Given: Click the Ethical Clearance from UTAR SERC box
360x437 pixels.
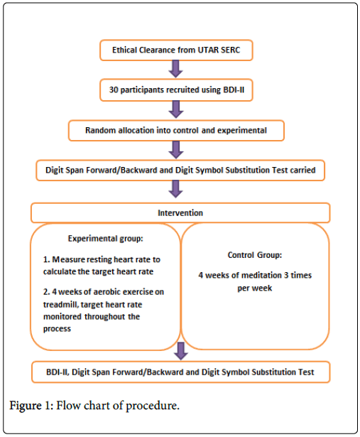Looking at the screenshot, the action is point(176,50).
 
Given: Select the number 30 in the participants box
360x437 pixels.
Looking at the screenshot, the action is point(114,90).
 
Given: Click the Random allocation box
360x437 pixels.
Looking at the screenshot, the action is point(176,131).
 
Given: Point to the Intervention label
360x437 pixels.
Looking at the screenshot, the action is point(180,213).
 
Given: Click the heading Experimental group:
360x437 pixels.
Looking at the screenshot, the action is point(106,239).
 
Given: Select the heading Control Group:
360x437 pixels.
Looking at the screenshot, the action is point(255,255).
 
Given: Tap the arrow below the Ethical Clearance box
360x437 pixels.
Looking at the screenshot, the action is point(176,69).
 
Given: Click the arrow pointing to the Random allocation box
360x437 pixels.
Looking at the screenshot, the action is point(176,109).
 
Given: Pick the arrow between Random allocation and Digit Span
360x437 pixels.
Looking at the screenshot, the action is point(176,150).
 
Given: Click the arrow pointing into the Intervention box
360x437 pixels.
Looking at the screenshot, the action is point(176,189).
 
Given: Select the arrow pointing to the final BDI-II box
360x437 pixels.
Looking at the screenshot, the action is point(180,351).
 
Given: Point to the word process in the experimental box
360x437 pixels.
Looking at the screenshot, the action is point(57,329).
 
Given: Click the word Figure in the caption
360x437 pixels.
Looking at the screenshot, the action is point(26,406).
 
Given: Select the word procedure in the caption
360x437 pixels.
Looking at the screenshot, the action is point(153,406).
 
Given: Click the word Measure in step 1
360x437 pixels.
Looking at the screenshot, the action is point(68,259).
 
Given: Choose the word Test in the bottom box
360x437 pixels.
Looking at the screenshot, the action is point(306,372).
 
